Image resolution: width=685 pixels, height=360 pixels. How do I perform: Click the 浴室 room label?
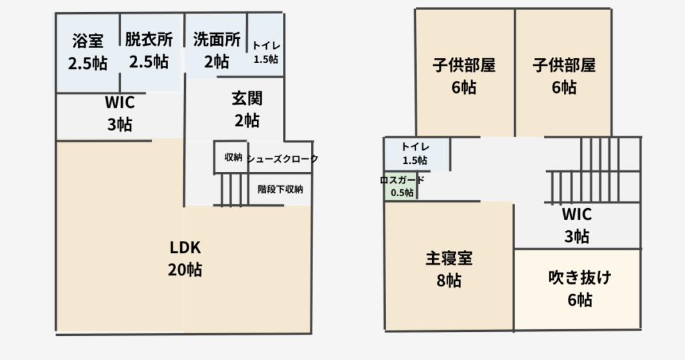click(x=88, y=41)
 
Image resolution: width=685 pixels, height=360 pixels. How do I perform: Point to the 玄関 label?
click(x=247, y=98)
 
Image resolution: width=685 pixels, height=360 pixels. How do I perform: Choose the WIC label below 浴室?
click(x=120, y=102)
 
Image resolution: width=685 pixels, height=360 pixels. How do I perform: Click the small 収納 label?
click(x=233, y=158)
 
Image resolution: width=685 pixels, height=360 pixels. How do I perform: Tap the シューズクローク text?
click(x=282, y=159)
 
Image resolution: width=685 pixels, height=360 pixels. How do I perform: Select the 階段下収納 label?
click(x=280, y=189)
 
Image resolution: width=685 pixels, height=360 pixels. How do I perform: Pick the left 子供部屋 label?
click(x=464, y=66)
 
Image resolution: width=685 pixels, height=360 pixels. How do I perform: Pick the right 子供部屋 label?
click(x=564, y=66)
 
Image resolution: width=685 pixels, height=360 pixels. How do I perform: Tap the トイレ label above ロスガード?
click(x=415, y=147)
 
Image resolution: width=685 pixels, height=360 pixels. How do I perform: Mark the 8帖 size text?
click(x=449, y=280)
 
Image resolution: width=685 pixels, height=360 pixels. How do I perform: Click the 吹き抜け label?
click(x=579, y=277)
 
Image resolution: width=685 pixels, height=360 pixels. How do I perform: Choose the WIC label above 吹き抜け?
click(x=577, y=214)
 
